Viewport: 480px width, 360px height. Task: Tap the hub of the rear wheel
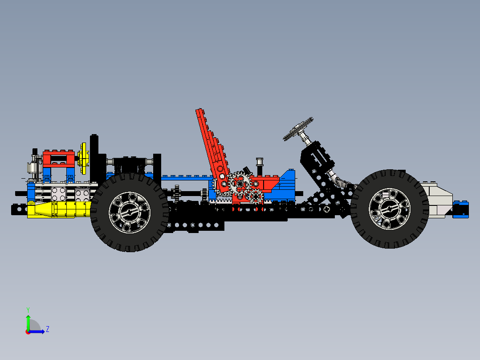[130, 213]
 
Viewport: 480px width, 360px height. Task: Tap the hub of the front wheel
[390, 209]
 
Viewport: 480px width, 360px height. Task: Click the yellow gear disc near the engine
[83, 158]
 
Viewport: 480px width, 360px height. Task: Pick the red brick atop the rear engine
[59, 158]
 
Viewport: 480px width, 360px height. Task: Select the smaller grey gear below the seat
[255, 196]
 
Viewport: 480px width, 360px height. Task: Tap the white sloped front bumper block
[439, 200]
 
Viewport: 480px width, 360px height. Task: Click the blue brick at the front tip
[460, 209]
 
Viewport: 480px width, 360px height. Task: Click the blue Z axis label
[47, 329]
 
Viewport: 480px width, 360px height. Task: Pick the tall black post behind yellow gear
[94, 154]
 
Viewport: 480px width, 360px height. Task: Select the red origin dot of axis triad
[28, 331]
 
